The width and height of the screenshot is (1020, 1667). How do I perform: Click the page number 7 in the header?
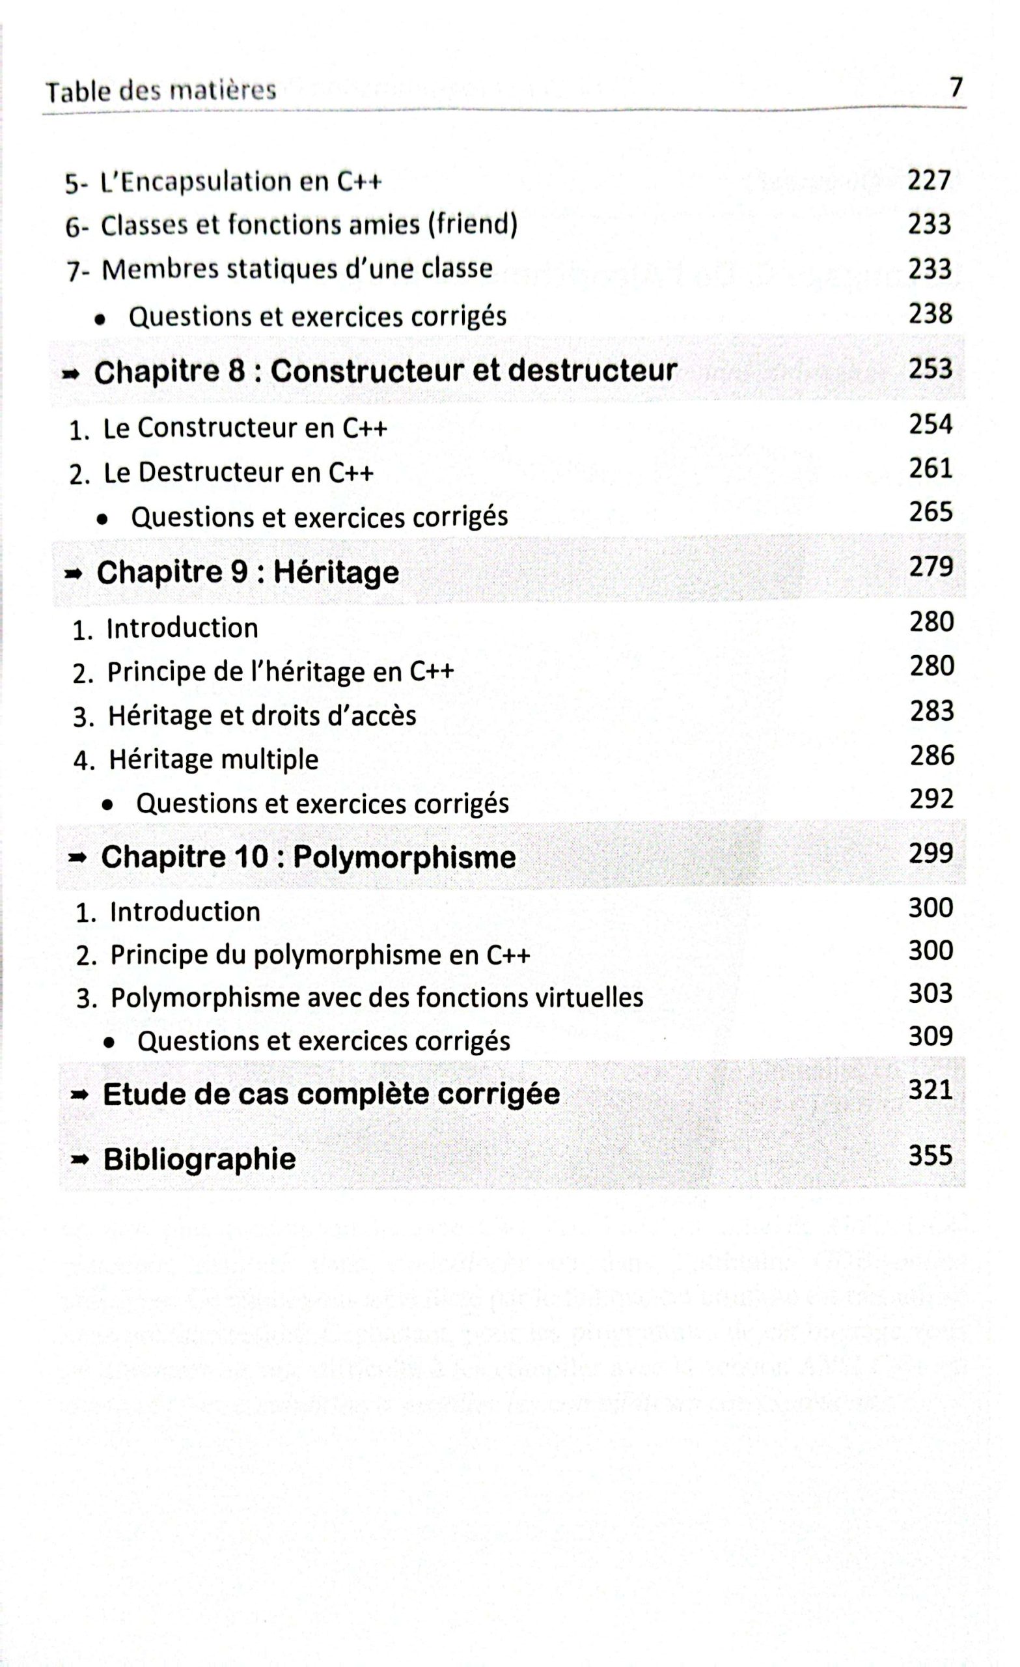click(x=955, y=88)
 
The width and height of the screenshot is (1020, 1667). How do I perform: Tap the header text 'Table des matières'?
click(x=161, y=91)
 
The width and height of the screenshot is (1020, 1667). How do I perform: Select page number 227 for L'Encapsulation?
click(x=929, y=180)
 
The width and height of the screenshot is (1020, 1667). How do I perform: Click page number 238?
click(x=930, y=314)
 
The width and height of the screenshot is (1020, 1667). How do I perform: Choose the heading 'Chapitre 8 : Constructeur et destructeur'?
click(x=385, y=371)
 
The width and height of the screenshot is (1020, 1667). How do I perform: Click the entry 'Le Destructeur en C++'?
click(x=238, y=473)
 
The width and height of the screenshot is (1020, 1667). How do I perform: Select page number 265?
click(x=931, y=512)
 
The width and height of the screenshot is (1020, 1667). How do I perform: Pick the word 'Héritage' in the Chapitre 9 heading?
click(x=336, y=573)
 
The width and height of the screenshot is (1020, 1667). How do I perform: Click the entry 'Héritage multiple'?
click(x=213, y=760)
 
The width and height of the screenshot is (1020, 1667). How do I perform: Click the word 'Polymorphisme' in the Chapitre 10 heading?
click(x=404, y=858)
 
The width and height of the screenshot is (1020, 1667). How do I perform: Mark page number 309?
click(x=931, y=1037)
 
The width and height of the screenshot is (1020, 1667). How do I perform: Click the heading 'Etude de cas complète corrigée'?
click(x=331, y=1095)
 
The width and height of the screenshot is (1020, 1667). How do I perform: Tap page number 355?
click(x=930, y=1156)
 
